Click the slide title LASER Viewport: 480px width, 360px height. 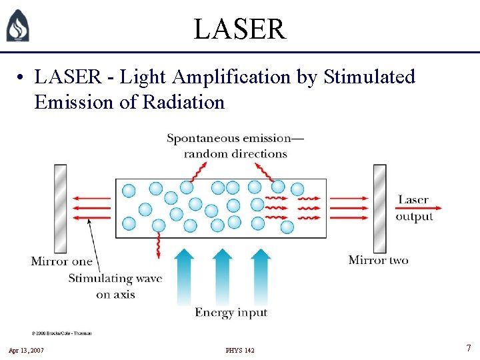point(239,29)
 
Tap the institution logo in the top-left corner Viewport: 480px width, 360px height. point(17,27)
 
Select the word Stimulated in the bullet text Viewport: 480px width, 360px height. point(369,77)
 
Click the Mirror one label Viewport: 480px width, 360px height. point(61,261)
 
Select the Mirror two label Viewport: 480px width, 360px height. point(378,260)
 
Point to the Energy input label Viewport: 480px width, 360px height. point(231,312)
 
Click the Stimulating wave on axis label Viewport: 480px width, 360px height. point(115,286)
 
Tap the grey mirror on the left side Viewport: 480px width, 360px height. point(61,208)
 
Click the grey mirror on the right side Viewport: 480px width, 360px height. point(379,208)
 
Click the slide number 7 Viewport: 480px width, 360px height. point(469,348)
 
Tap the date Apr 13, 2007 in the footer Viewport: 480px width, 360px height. point(27,350)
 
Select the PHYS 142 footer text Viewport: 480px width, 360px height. point(240,350)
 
